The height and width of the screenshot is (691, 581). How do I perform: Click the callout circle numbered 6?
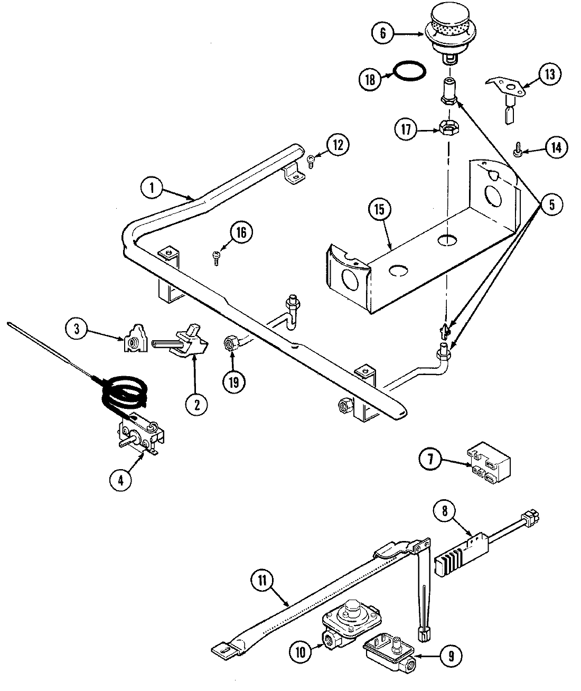coord(382,33)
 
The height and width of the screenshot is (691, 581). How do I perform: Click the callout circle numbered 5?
coord(551,204)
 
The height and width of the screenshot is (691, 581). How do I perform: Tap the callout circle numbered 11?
coord(263,582)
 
